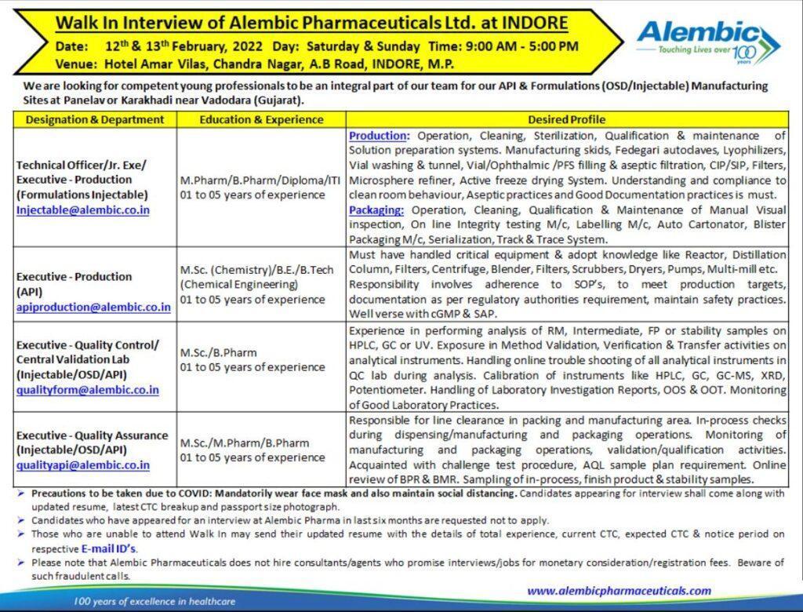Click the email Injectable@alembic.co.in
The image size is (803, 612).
pyautogui.click(x=83, y=209)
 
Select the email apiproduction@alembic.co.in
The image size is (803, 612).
pyautogui.click(x=93, y=307)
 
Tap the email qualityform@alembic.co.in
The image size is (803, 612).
pyautogui.click(x=87, y=389)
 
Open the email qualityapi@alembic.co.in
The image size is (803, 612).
pyautogui.click(x=82, y=464)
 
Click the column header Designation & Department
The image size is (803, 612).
pyautogui.click(x=95, y=119)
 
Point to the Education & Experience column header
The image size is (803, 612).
pyautogui.click(x=261, y=119)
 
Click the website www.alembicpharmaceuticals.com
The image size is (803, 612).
pyautogui.click(x=619, y=591)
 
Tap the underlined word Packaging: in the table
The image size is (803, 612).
pyautogui.click(x=377, y=209)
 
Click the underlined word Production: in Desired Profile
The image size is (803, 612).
pyautogui.click(x=379, y=135)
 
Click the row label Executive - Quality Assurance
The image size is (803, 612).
pyautogui.click(x=93, y=435)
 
